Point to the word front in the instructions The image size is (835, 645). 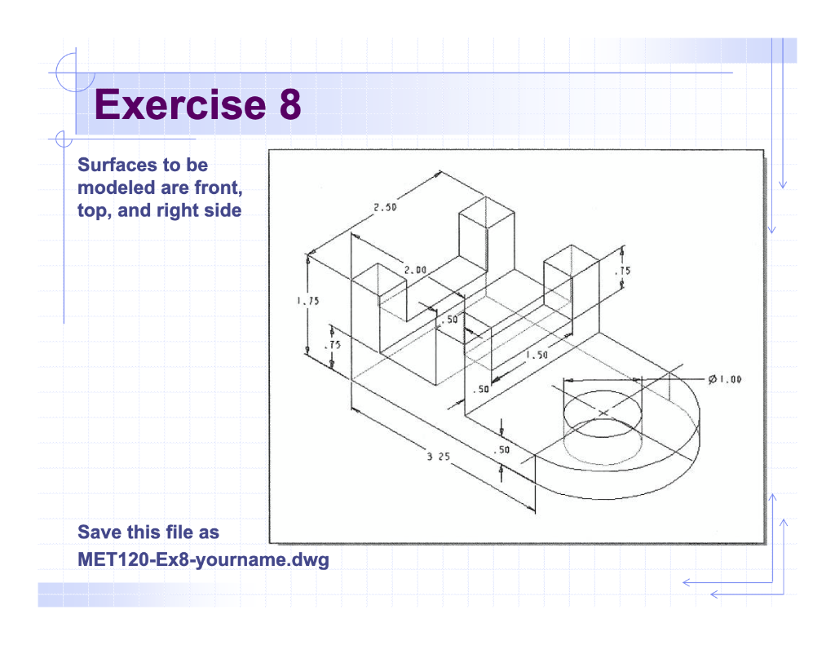(x=218, y=188)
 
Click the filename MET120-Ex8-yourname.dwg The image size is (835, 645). (x=203, y=560)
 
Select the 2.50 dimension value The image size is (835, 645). (x=385, y=207)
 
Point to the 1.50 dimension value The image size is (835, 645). (x=536, y=356)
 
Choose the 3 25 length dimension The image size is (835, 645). (x=438, y=457)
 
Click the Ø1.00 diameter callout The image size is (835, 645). (x=724, y=379)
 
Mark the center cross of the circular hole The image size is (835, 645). (x=603, y=413)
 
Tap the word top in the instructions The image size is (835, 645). (x=94, y=210)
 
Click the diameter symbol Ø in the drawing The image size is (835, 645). (x=712, y=379)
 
